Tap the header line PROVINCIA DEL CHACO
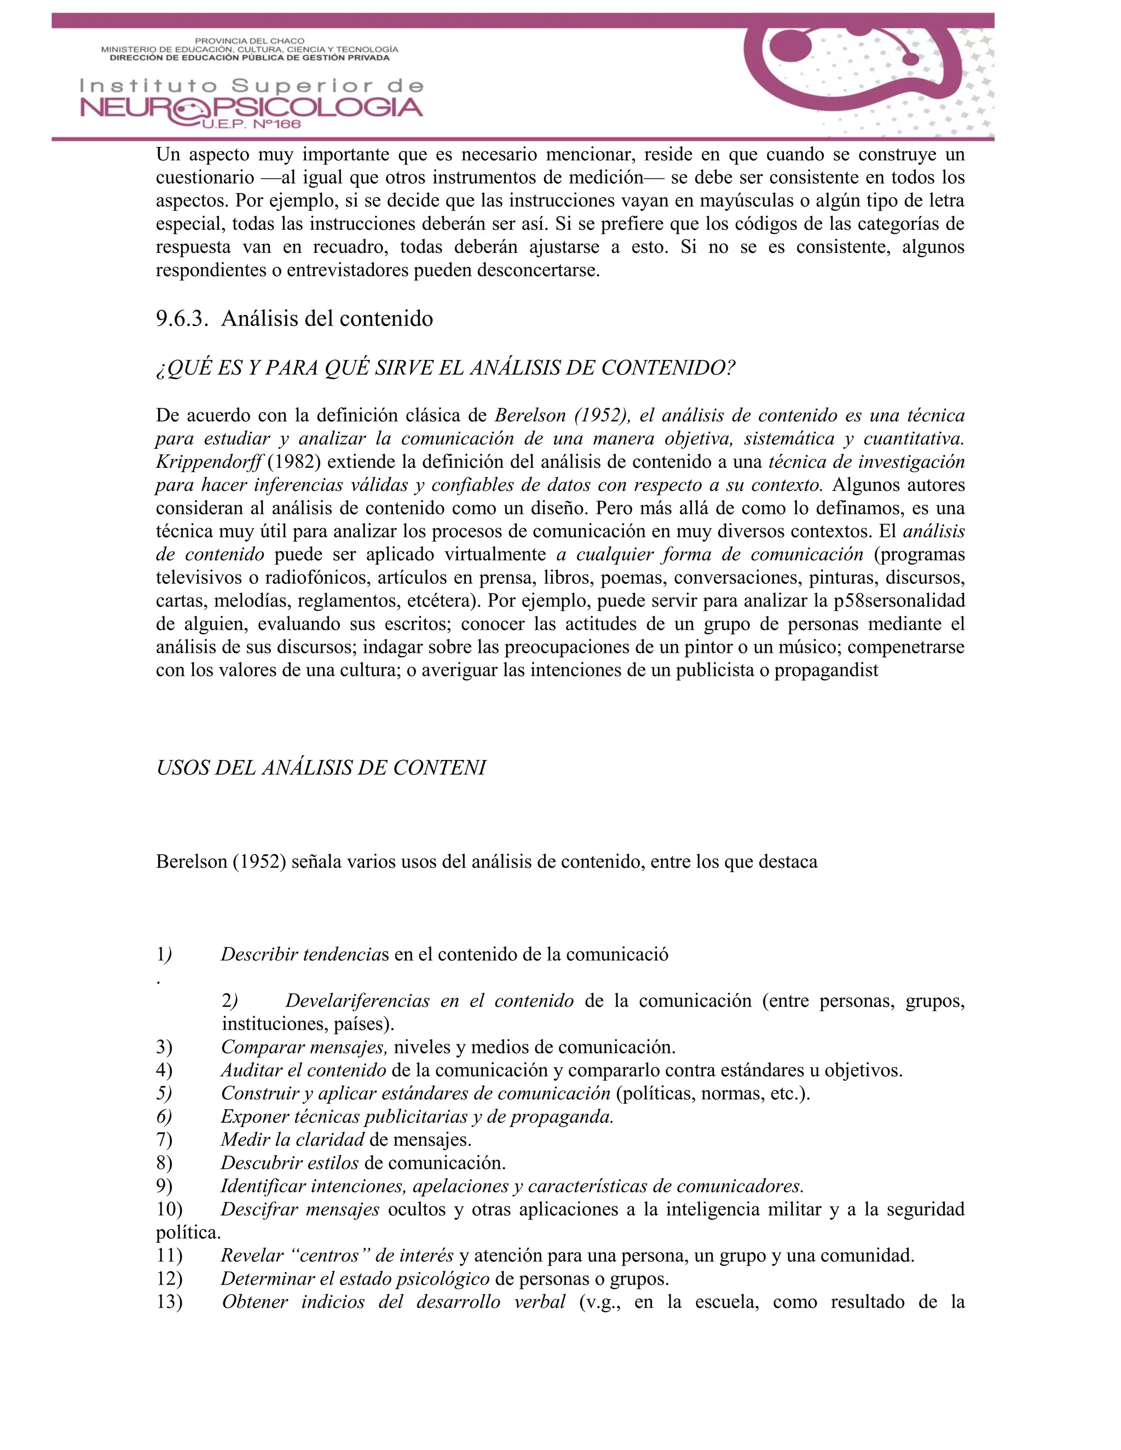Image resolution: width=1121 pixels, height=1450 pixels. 249,41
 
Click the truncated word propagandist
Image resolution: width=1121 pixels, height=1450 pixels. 825,670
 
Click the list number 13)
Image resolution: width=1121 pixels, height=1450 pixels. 169,1302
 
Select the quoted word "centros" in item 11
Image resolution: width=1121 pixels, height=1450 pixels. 329,1255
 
